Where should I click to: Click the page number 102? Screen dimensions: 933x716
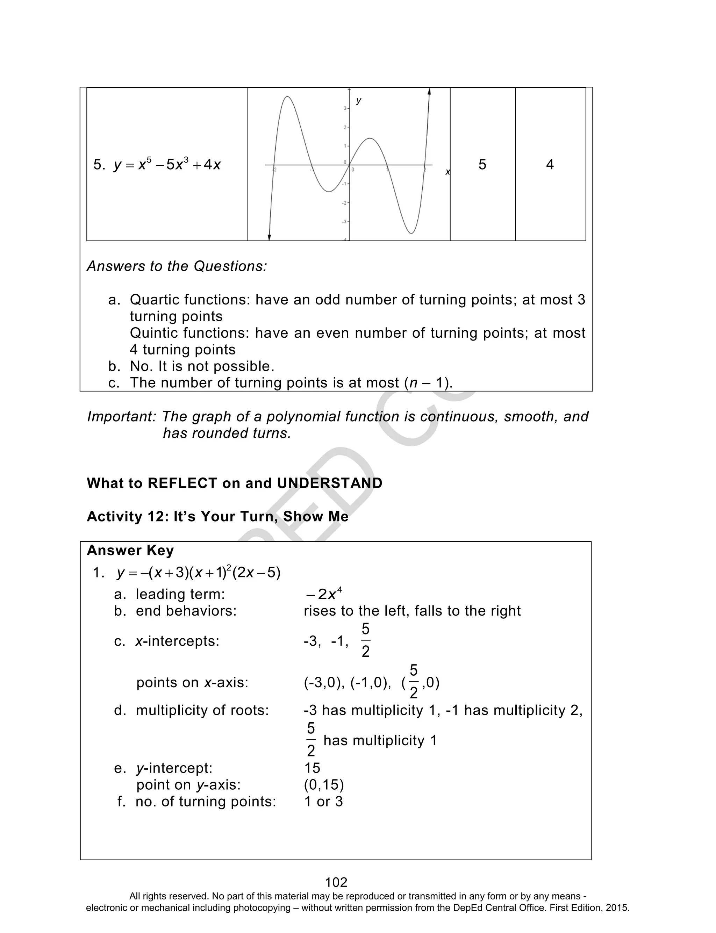pyautogui.click(x=336, y=882)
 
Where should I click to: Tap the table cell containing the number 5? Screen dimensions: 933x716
pyautogui.click(x=482, y=164)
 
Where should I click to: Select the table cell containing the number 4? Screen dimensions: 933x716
pyautogui.click(x=550, y=164)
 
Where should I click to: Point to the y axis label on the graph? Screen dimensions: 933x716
pyautogui.click(x=358, y=101)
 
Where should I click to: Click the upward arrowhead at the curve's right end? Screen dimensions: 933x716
pyautogui.click(x=429, y=92)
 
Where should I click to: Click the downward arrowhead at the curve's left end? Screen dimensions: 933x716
pyautogui.click(x=269, y=237)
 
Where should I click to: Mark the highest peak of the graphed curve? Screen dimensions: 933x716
pyautogui.click(x=288, y=97)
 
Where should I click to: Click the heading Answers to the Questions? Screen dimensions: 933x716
pyautogui.click(x=177, y=266)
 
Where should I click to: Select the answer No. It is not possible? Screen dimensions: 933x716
pyautogui.click(x=202, y=366)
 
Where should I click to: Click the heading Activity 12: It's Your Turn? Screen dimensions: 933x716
pyautogui.click(x=217, y=516)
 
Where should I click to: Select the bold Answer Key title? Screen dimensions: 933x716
pyautogui.click(x=130, y=551)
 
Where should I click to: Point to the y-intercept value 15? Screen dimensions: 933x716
pyautogui.click(x=312, y=768)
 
